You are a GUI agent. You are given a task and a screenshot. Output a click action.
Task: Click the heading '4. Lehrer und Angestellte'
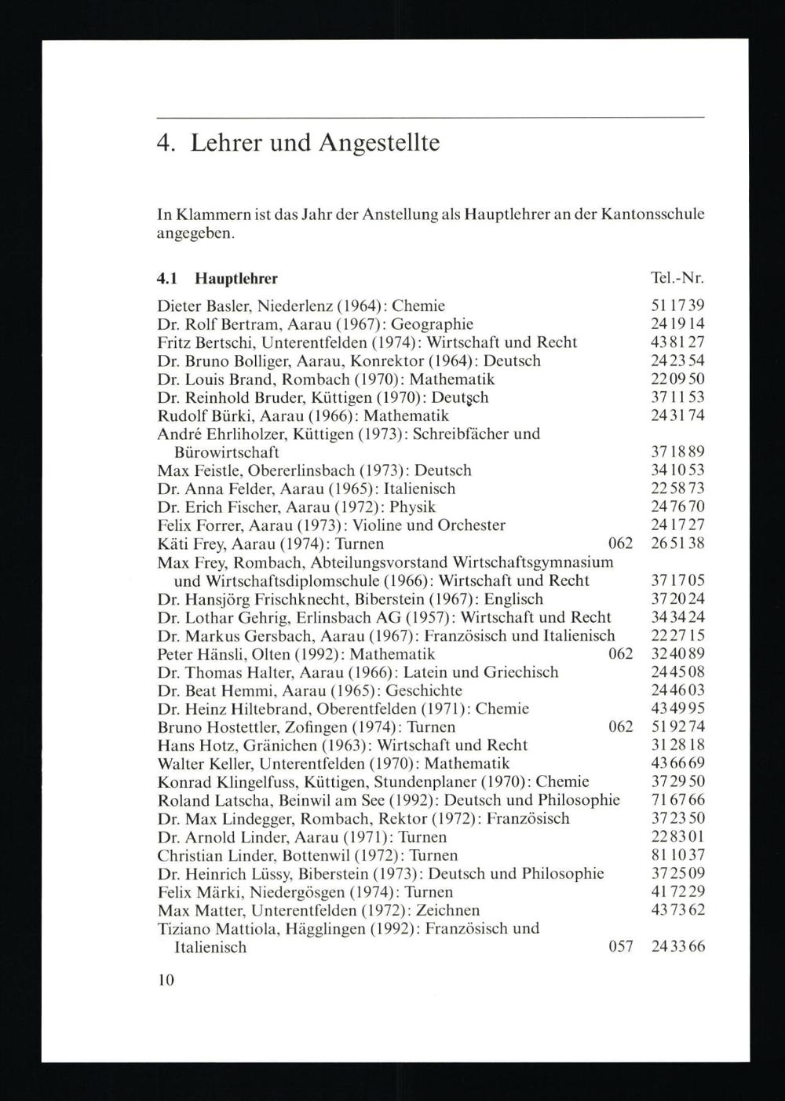(x=298, y=143)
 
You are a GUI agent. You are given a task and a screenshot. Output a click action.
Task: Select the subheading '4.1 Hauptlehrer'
(x=217, y=279)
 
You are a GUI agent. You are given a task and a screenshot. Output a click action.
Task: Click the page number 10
(x=165, y=980)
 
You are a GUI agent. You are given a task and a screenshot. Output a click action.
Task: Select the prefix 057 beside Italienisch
(x=621, y=947)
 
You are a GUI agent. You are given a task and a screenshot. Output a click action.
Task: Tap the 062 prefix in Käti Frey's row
(x=621, y=543)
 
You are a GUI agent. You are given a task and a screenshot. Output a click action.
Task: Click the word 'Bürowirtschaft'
(x=226, y=452)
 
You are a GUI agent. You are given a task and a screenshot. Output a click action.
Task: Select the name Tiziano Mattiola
(x=206, y=929)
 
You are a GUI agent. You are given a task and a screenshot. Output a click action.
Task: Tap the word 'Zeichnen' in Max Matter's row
(x=449, y=911)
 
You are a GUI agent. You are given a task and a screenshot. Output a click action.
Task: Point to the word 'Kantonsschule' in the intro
(x=653, y=214)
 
